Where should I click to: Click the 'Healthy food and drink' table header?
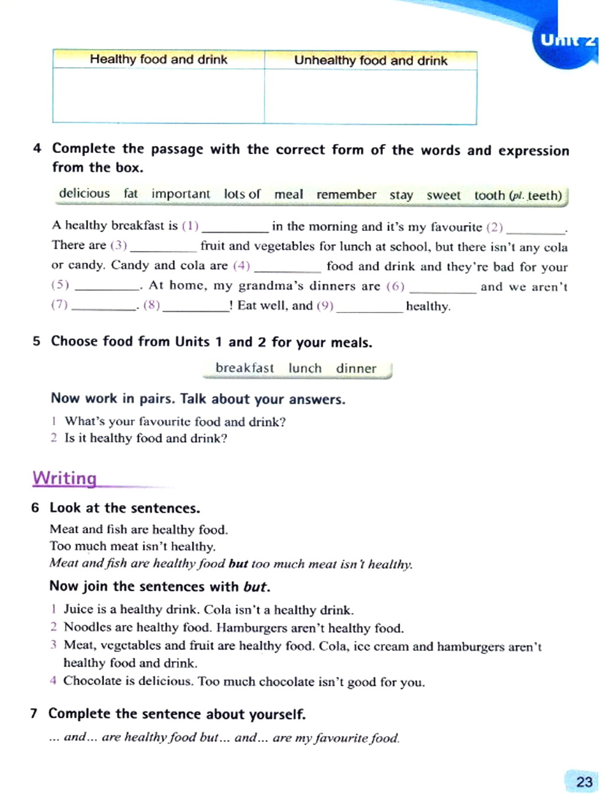[x=158, y=60]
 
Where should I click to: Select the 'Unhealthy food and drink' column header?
[x=370, y=61]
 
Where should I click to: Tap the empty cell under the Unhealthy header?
[x=370, y=97]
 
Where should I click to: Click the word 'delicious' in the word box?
[x=84, y=194]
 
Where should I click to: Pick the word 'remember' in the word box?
[x=346, y=195]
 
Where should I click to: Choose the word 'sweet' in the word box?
[x=443, y=196]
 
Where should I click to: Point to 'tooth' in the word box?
[x=489, y=196]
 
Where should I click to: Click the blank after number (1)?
[x=235, y=228]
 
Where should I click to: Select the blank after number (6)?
[x=443, y=288]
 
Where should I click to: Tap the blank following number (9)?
[x=369, y=308]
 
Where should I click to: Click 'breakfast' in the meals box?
[x=245, y=368]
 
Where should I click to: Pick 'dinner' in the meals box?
[x=356, y=369]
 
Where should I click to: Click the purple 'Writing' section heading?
[x=64, y=478]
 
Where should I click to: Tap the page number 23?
[x=584, y=781]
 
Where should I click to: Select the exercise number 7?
[x=34, y=714]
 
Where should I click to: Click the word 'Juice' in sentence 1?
[x=78, y=609]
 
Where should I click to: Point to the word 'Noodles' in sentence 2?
[x=87, y=627]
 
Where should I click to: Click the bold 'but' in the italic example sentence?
[x=238, y=564]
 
